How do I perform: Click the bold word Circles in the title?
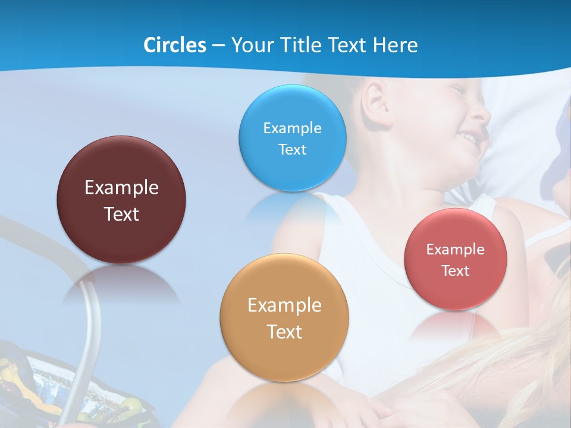point(174,45)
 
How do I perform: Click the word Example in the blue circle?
point(292,128)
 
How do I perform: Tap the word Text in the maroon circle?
point(121,214)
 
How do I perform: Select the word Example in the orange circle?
point(284,305)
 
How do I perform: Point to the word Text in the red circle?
point(456,270)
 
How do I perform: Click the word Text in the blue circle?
point(292,149)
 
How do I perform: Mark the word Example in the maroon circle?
point(121,187)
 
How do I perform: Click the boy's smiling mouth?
point(470,139)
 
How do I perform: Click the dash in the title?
point(218,45)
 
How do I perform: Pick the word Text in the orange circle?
point(284,332)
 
